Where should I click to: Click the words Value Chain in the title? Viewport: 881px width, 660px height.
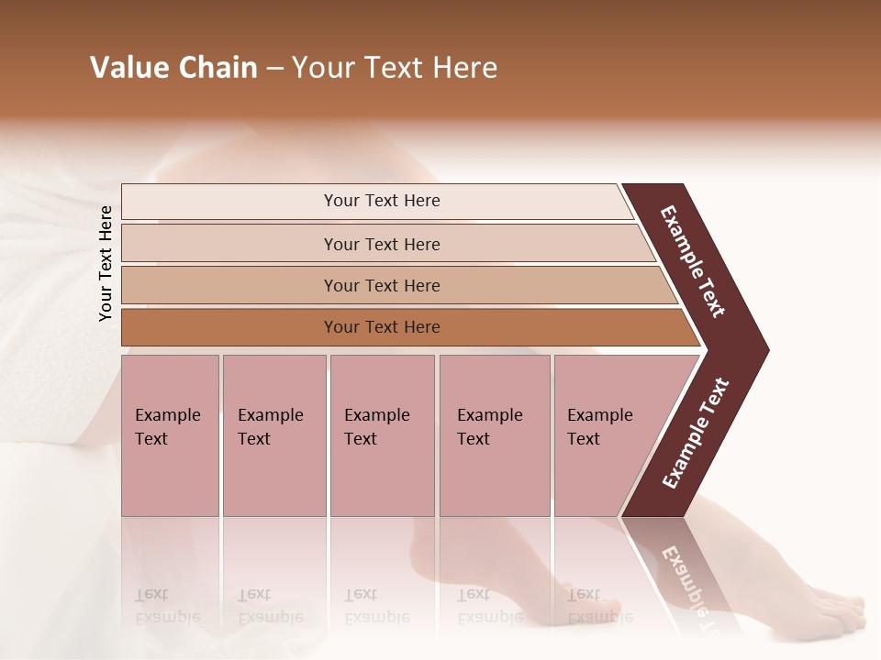click(x=173, y=68)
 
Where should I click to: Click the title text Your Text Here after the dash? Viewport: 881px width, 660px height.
click(x=395, y=68)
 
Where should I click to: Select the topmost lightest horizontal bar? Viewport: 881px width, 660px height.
click(x=381, y=201)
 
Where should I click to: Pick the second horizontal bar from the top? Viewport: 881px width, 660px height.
click(x=381, y=244)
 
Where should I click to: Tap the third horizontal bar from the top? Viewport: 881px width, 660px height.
click(x=381, y=285)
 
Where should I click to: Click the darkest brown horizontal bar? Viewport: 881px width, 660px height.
click(x=381, y=327)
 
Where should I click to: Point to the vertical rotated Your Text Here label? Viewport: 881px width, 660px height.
click(x=106, y=263)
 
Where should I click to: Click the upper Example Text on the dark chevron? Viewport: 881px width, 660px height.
click(x=694, y=261)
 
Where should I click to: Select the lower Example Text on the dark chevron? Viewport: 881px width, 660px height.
click(x=696, y=434)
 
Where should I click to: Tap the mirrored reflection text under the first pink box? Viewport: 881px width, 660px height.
click(x=168, y=605)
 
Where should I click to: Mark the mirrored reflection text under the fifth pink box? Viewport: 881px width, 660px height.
click(x=600, y=605)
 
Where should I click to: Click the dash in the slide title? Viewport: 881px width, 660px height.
click(x=274, y=69)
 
